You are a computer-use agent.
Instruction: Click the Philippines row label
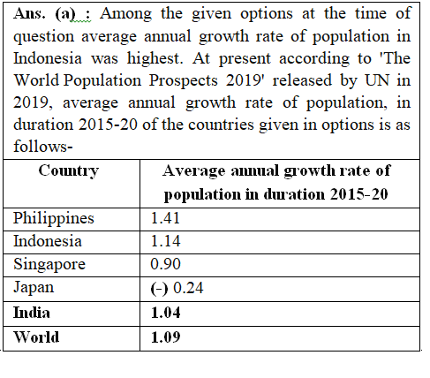pos(54,219)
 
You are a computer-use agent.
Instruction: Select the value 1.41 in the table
pos(165,218)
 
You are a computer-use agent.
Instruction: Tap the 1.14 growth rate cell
pos(165,241)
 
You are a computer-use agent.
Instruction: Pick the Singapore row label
pos(49,265)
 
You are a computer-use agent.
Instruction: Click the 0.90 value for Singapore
pos(165,264)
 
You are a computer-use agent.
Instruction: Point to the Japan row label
pos(34,287)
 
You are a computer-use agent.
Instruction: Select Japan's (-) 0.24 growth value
pos(177,288)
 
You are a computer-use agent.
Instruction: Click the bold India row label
pos(32,313)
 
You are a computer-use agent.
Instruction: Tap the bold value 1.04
pos(166,313)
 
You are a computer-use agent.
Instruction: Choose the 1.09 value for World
pos(166,337)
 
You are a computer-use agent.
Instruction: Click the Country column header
pos(69,171)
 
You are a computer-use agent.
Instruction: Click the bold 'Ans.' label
pos(29,13)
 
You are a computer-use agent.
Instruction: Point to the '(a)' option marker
pos(65,14)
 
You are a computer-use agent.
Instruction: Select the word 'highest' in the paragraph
pos(155,58)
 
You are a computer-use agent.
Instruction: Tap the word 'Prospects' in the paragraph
pos(183,80)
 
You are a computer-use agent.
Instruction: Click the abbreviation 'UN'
pos(377,80)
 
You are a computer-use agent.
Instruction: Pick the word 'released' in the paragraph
pos(302,80)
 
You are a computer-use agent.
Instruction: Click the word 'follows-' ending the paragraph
pos(43,146)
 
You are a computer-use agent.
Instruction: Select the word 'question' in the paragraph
pos(44,37)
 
